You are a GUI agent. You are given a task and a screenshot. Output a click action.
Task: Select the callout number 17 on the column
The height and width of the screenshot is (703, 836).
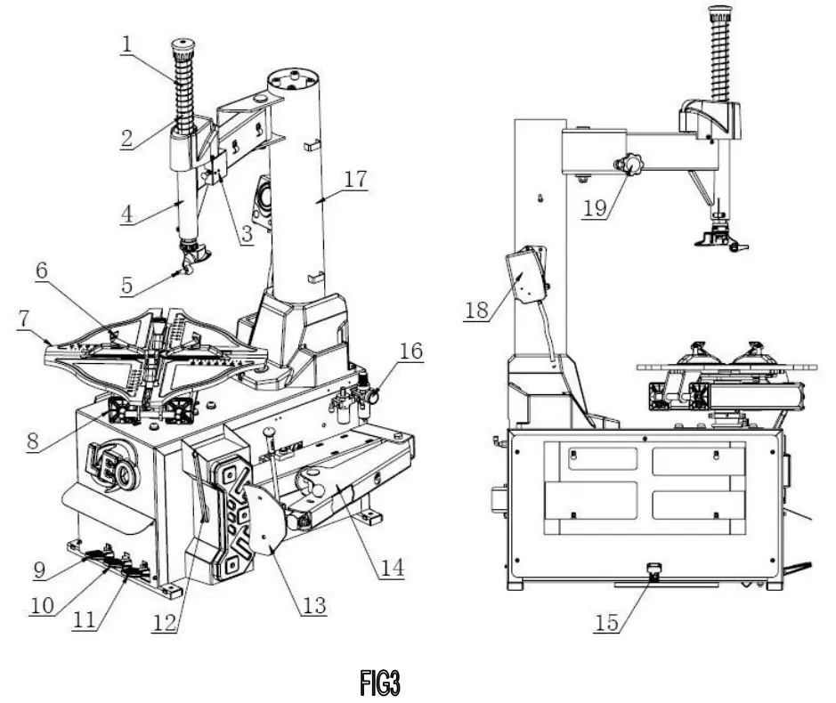(355, 178)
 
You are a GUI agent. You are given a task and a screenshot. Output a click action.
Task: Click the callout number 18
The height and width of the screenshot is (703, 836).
(476, 310)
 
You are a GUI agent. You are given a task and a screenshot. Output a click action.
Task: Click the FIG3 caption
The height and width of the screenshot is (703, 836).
(380, 683)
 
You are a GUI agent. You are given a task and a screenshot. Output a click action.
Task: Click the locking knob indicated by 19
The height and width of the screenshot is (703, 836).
(632, 165)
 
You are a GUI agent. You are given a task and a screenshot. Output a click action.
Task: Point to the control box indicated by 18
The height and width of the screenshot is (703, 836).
(524, 276)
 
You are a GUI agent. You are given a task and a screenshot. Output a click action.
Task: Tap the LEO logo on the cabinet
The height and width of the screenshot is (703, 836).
(110, 467)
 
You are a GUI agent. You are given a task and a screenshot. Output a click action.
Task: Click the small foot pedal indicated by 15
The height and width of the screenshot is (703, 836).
(654, 573)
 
